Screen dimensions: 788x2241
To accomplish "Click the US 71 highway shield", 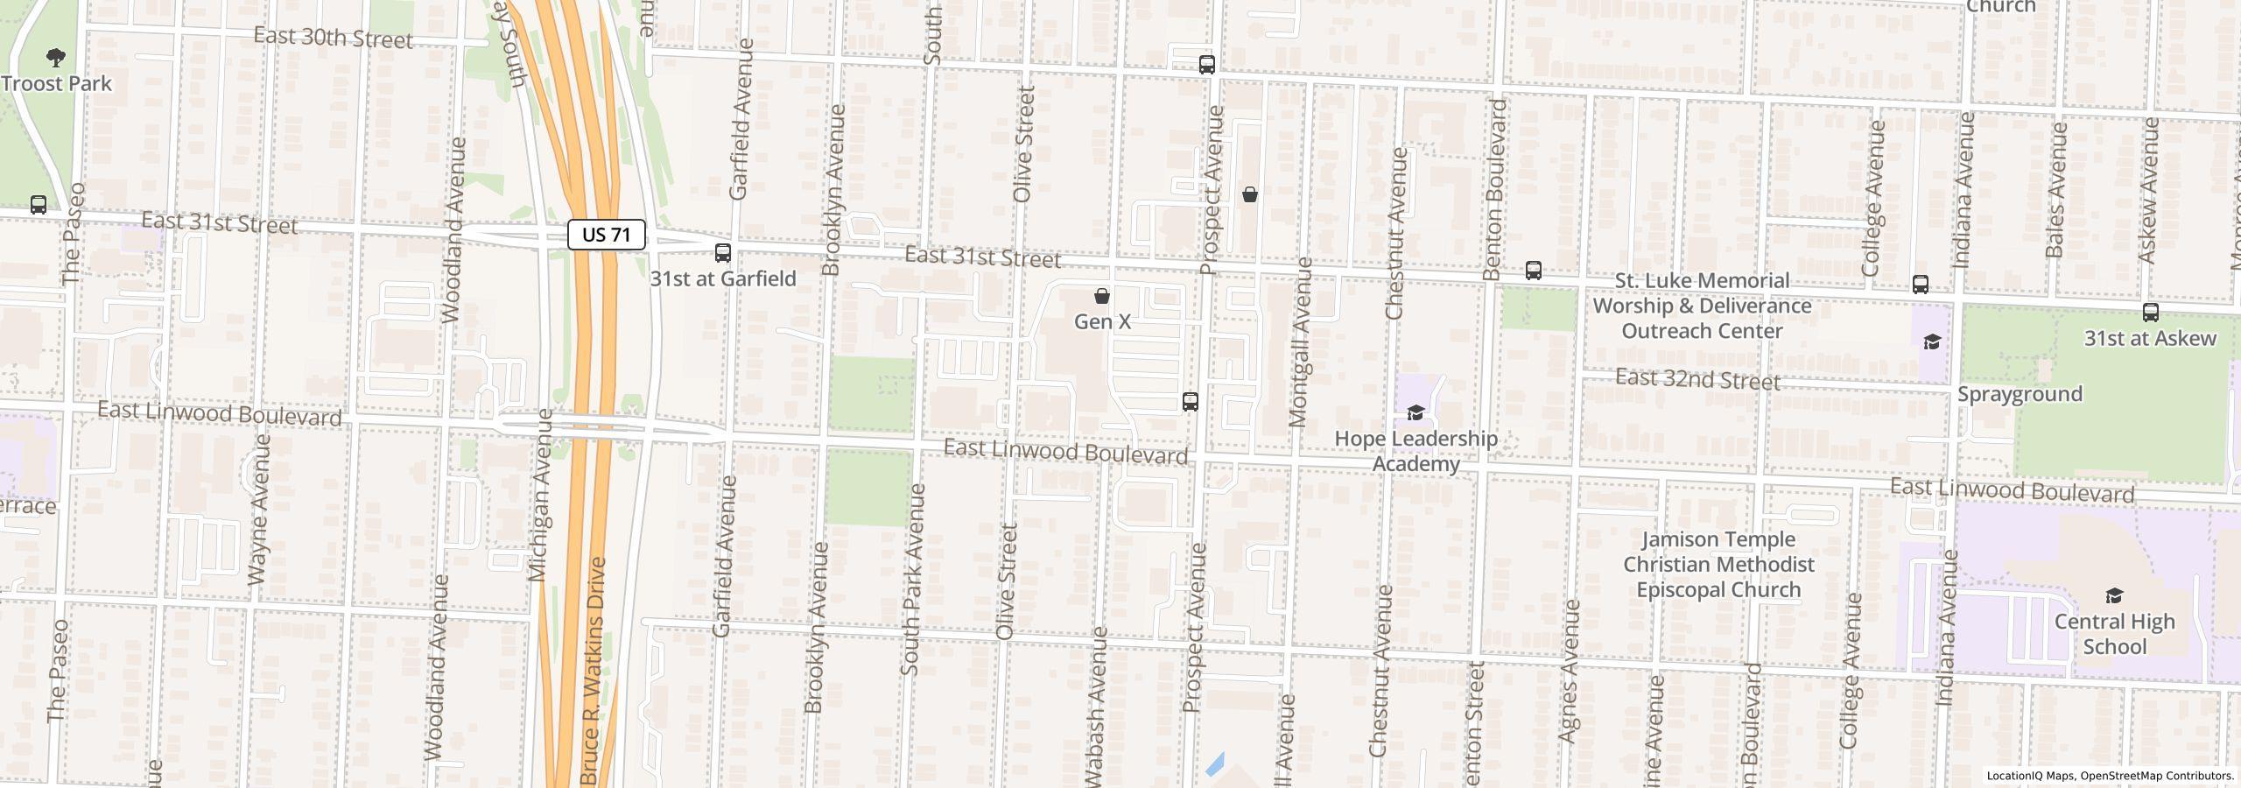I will (x=607, y=235).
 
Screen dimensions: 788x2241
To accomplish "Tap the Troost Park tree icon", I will (x=56, y=59).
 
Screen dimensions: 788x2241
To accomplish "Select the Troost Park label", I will (x=57, y=84).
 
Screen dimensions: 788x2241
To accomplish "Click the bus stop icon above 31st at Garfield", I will (x=722, y=253).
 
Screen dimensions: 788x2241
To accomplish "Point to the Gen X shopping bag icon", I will (x=1102, y=296).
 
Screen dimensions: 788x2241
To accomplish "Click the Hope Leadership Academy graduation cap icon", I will (x=1416, y=412).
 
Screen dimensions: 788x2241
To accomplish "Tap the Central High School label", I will (x=2114, y=634).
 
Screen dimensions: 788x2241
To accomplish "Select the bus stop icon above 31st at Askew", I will (x=2150, y=313).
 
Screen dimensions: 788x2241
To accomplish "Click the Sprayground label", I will (x=2020, y=394).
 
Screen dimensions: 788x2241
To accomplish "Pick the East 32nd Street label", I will (x=1697, y=380).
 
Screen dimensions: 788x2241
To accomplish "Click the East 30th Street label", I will (x=333, y=38).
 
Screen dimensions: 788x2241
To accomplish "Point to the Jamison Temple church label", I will (x=1718, y=565).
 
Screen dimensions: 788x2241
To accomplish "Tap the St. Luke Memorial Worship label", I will (x=1702, y=306).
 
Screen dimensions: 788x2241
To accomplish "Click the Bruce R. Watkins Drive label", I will (x=593, y=670).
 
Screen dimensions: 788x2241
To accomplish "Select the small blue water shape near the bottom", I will (x=1214, y=764).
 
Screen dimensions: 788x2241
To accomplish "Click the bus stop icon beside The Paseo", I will (x=39, y=205).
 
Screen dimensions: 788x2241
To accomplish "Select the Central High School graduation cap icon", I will (x=2114, y=596).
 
